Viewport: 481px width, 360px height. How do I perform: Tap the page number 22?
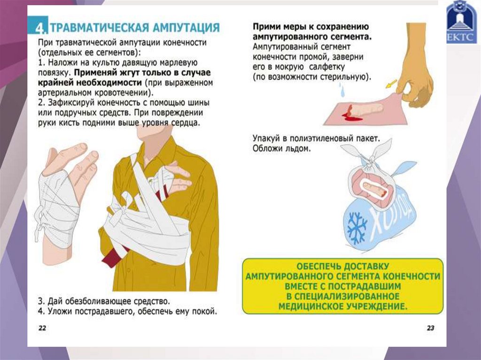click(x=42, y=328)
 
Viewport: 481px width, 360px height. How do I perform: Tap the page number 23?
click(x=430, y=328)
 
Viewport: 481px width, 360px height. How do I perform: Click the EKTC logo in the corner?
click(x=461, y=22)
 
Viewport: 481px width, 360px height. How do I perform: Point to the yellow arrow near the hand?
click(x=391, y=84)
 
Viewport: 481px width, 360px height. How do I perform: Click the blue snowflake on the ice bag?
click(x=357, y=228)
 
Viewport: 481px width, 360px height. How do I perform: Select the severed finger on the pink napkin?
click(x=365, y=110)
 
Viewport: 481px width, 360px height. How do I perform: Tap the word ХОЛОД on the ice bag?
click(x=389, y=214)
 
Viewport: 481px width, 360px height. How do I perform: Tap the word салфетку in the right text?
click(x=327, y=67)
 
